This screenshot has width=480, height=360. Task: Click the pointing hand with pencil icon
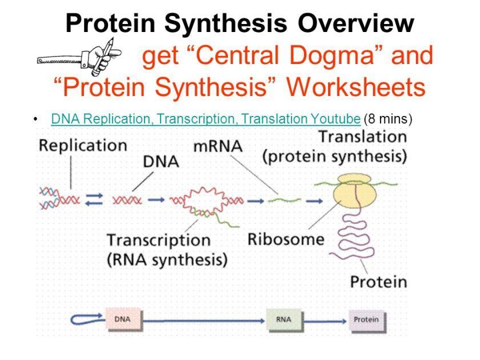[x=80, y=57]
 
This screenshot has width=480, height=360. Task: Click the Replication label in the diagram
[x=82, y=145]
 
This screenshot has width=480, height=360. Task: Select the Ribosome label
[x=286, y=239]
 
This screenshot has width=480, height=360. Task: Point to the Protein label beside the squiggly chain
[x=378, y=282]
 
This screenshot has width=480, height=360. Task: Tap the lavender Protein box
[x=366, y=319]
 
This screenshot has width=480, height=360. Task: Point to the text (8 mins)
[x=388, y=119]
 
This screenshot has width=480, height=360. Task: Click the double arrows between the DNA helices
[x=94, y=199]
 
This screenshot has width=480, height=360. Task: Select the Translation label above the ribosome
[x=362, y=137]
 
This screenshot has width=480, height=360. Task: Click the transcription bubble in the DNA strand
[x=203, y=201]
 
